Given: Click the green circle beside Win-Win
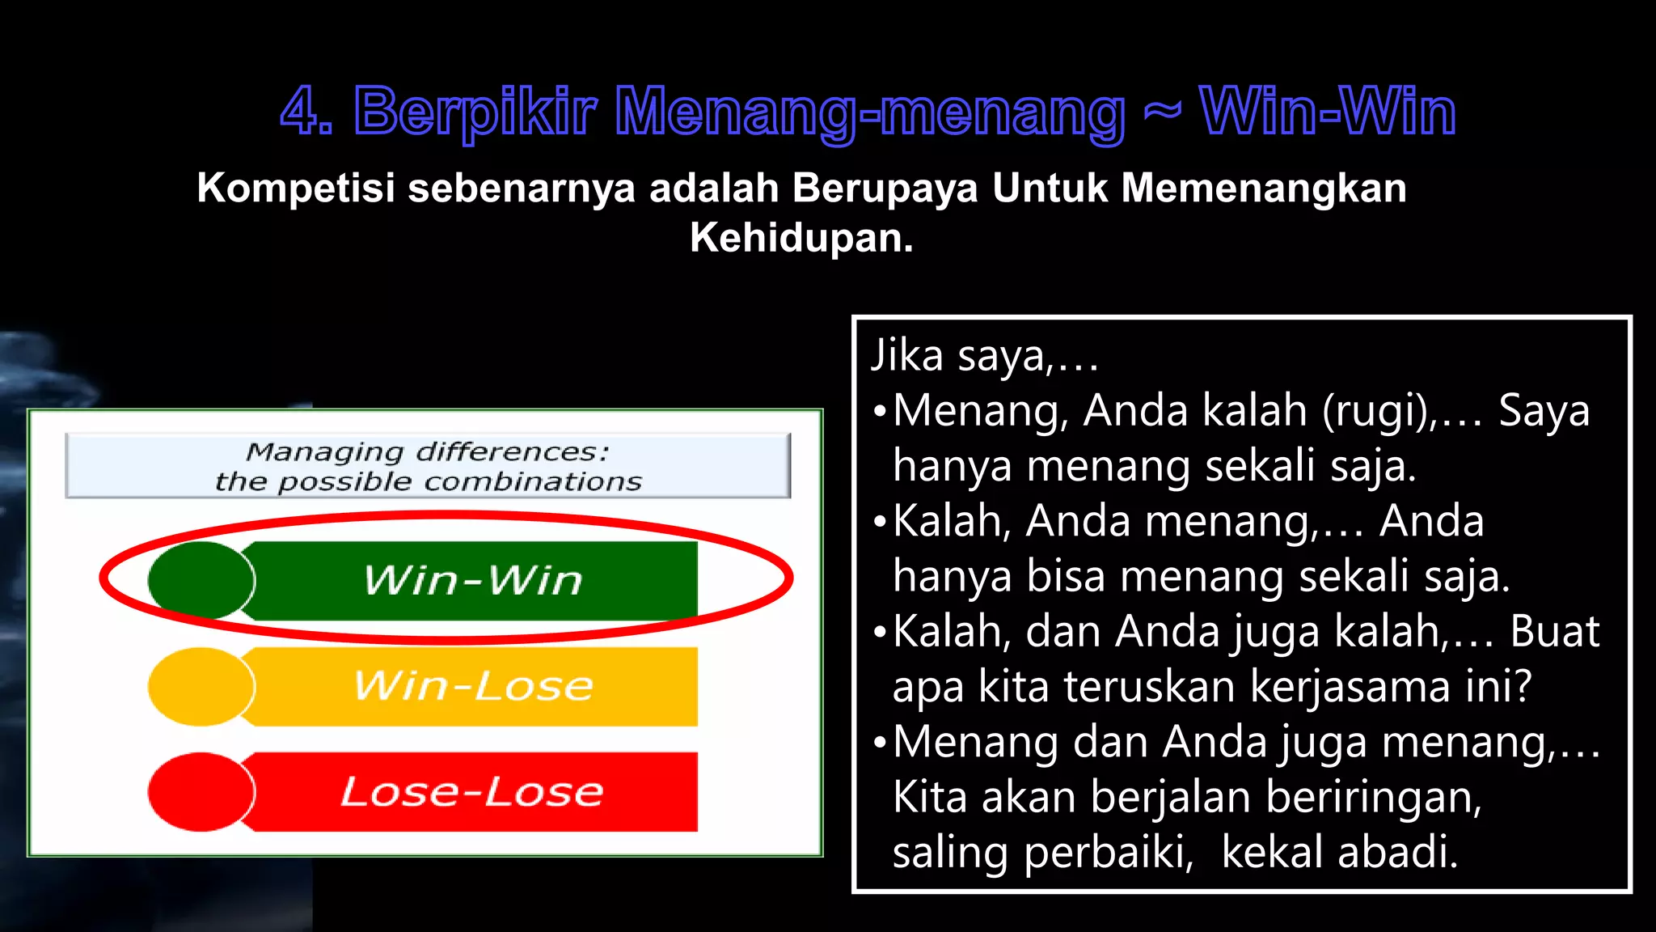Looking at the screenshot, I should point(201,580).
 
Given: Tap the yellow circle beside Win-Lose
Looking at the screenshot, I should point(201,686).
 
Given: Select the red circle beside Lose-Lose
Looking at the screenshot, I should point(201,792).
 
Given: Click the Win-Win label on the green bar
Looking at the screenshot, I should point(473,580).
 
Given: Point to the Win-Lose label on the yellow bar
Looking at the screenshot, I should point(473,686).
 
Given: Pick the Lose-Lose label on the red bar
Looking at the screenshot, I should point(473,792).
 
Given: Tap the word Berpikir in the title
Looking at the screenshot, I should point(475,112).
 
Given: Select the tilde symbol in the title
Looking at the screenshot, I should point(1163,111).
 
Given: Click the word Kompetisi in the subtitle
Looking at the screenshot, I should point(296,189).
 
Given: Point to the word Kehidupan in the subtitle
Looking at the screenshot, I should point(801,238).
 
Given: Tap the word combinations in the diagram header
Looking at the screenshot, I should point(533,482).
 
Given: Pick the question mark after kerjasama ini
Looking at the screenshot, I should point(1521,687).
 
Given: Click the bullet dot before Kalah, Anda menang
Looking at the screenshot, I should point(880,522).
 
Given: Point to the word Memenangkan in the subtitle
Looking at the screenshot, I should point(1264,189).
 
